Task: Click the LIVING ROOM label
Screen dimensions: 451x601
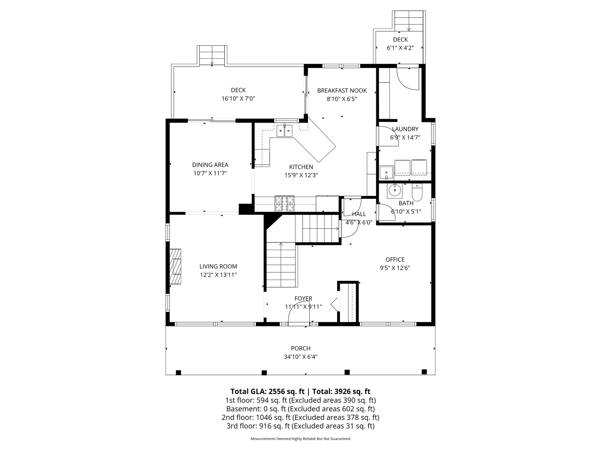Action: click(x=218, y=266)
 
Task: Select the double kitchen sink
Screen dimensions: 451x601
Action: click(x=284, y=131)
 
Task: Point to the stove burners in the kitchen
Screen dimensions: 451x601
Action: click(x=285, y=204)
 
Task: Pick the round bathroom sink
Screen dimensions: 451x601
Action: click(x=395, y=191)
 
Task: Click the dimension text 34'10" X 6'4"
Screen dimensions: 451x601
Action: click(x=300, y=357)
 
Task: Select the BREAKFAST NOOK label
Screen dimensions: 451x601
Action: click(x=342, y=91)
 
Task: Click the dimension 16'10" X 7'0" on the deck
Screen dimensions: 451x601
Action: click(x=238, y=99)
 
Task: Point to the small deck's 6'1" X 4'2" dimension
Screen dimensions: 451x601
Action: click(x=400, y=48)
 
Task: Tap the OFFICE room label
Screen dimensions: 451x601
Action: click(x=395, y=259)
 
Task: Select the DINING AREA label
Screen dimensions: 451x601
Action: click(x=210, y=165)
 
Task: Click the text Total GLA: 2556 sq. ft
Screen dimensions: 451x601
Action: click(x=267, y=391)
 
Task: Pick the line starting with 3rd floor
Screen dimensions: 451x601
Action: click(x=300, y=426)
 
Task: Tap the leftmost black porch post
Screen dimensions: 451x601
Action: click(x=178, y=372)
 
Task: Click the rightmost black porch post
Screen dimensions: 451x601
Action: click(x=424, y=372)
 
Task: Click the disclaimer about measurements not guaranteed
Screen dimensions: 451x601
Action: click(x=300, y=439)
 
